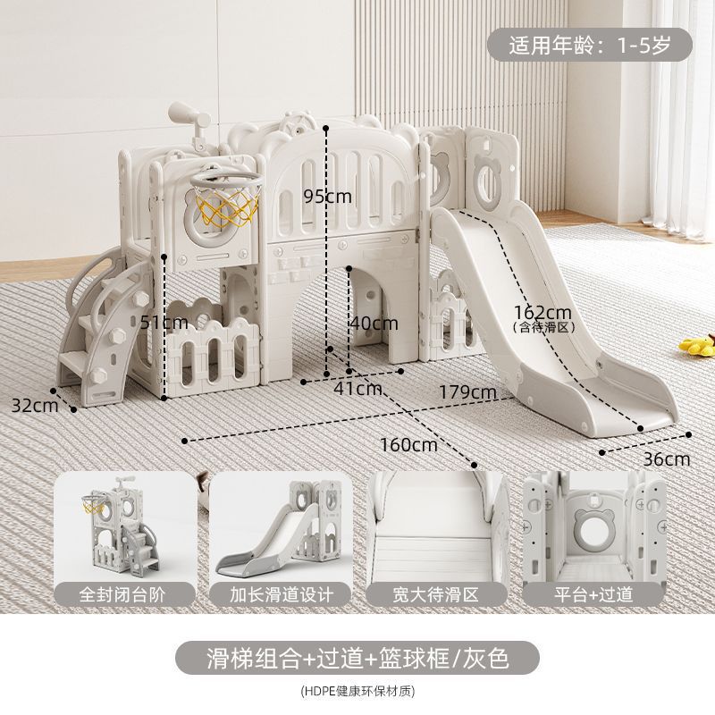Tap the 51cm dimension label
pyautogui.click(x=164, y=322)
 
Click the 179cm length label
pyautogui.click(x=467, y=391)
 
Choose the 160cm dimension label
pyautogui.click(x=408, y=444)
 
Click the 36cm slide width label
pyautogui.click(x=667, y=459)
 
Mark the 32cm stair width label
pyautogui.click(x=33, y=404)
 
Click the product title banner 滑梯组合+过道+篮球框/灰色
pyautogui.click(x=357, y=660)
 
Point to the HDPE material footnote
pyautogui.click(x=357, y=691)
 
